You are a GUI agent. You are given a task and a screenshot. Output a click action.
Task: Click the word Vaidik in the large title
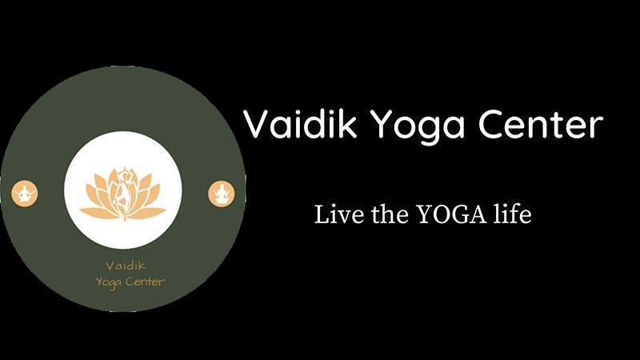pos(300,123)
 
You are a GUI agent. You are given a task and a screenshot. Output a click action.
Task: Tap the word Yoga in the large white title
pos(418,126)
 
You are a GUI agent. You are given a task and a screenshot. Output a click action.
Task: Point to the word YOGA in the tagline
pos(452,214)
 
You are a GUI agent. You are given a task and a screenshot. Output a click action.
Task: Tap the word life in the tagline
pos(512,214)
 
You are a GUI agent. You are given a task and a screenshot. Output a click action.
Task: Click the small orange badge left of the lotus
pos(25,194)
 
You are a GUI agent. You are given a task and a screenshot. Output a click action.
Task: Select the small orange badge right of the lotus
pos(222,194)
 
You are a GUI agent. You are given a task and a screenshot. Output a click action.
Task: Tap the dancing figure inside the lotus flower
pos(123,191)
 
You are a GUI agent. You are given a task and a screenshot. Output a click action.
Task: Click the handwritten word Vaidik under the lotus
pos(126,266)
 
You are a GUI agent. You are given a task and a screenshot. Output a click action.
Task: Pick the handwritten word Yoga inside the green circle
pos(109,282)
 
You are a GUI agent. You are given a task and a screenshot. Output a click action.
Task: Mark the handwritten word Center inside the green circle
pos(146,282)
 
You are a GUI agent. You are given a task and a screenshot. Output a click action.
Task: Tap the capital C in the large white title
pos(491,124)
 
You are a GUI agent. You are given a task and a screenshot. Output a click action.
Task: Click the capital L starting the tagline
pos(322,214)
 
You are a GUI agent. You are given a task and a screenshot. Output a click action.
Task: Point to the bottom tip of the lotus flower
pos(124,220)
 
